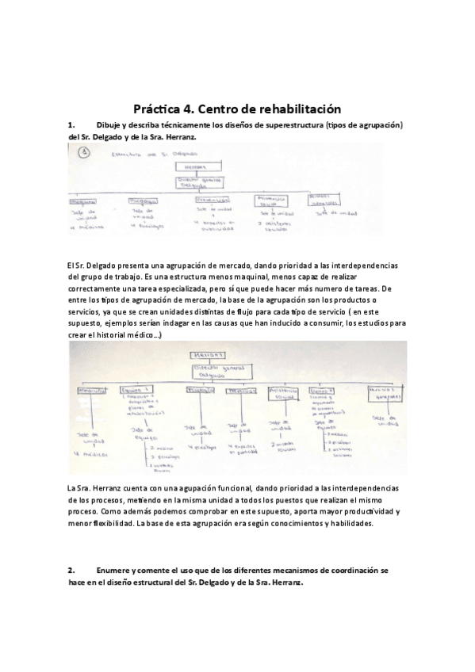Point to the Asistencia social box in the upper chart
pyautogui.click(x=272, y=199)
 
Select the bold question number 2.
pyautogui.click(x=71, y=569)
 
